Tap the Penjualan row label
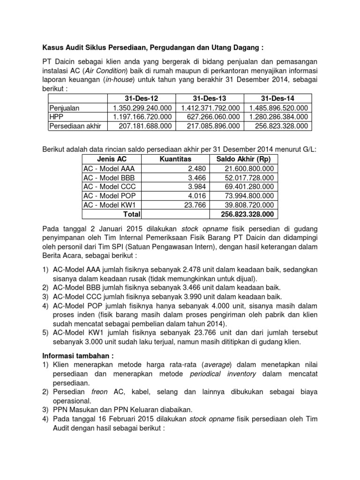tap(65, 108)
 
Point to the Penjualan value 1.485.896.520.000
tap(278, 108)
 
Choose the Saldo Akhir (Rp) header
tap(243, 159)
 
